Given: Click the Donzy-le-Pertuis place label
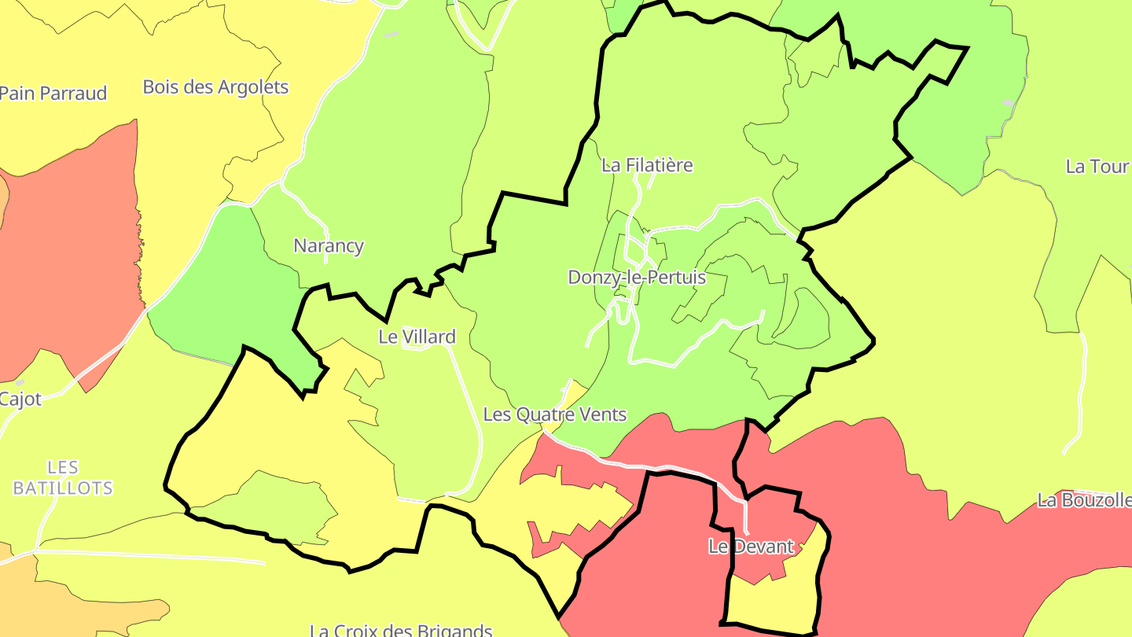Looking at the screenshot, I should (637, 278).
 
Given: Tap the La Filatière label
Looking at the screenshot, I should (647, 165).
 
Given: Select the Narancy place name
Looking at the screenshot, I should (329, 245).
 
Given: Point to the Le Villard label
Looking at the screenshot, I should (417, 337).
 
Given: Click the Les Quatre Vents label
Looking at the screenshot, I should (555, 414).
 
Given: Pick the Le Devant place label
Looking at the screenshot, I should (751, 547).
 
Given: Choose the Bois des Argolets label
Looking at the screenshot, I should (215, 87).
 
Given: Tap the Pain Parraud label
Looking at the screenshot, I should (53, 93).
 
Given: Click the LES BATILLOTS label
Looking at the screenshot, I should (63, 477).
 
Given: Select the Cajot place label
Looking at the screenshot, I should (20, 399).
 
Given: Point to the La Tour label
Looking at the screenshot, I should (1097, 167).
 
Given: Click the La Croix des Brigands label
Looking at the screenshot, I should (401, 630).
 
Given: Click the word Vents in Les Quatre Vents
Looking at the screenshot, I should (604, 414).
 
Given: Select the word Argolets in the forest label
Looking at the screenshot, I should (250, 87).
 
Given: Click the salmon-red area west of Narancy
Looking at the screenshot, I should (71, 252).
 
